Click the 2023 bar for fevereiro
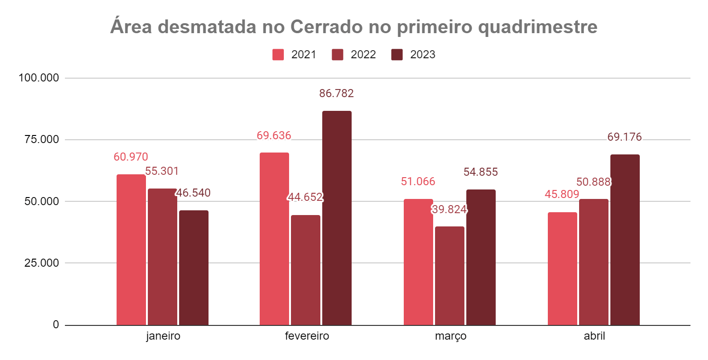[336, 218]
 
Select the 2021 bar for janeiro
[131, 250]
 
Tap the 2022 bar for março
[449, 276]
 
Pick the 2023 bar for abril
[625, 240]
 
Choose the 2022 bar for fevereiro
[305, 270]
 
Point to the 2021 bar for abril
[562, 269]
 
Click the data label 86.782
[336, 93]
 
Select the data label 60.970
[131, 157]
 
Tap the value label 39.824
[449, 209]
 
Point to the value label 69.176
[625, 137]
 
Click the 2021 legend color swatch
[278, 54]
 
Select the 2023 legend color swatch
[397, 54]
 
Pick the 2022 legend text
[363, 54]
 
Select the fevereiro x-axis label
[307, 336]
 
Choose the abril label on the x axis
[594, 336]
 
